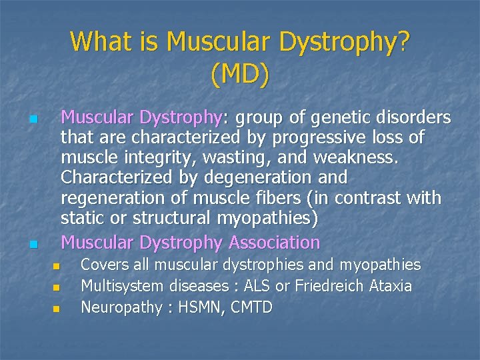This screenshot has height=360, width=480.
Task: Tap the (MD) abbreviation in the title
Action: point(240,75)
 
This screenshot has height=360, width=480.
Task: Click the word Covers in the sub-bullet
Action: point(103,265)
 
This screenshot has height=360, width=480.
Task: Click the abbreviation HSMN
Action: point(197,307)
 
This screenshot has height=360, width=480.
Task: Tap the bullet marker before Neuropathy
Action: point(56,309)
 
